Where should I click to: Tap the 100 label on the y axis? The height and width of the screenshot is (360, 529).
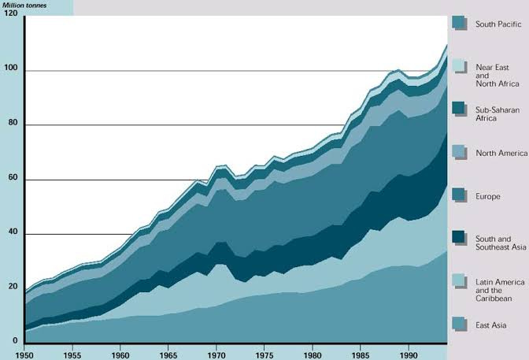(10, 71)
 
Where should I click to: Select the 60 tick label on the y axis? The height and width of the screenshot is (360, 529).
(12, 180)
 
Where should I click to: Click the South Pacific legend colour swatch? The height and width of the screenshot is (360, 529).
(460, 23)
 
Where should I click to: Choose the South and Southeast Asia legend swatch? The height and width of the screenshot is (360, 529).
(460, 237)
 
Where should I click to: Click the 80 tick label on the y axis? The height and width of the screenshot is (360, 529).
(12, 126)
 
